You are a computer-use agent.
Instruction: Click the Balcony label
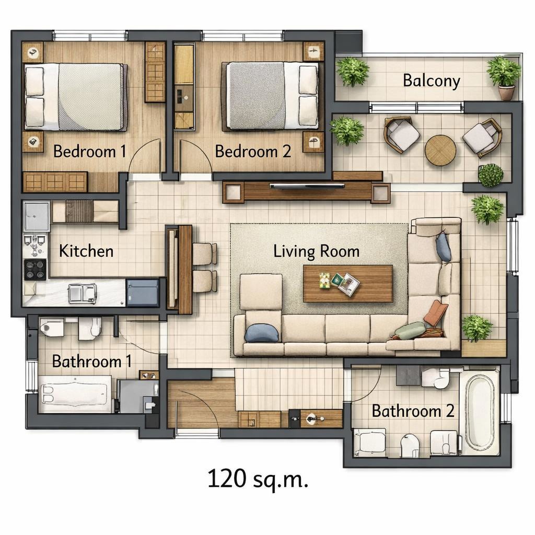(431, 81)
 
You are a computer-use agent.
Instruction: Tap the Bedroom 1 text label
(90, 152)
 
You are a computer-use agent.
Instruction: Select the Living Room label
(316, 251)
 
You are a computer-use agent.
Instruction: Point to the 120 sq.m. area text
(258, 479)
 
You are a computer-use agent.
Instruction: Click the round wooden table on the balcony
(440, 150)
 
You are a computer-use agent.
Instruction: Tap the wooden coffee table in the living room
(348, 284)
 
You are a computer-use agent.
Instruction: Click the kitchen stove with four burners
(35, 270)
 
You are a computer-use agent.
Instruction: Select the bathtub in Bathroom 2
(480, 412)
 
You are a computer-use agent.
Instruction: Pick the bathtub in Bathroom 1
(75, 394)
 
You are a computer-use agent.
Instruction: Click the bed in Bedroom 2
(272, 96)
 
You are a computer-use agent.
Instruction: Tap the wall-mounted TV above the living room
(307, 186)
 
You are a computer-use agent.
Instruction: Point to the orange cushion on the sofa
(436, 312)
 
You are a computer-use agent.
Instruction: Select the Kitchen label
(86, 251)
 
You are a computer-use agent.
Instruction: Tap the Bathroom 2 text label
(413, 411)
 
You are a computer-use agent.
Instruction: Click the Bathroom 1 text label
(91, 362)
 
